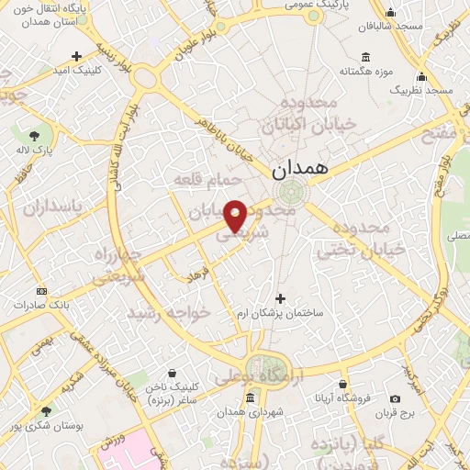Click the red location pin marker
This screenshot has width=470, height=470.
pyautogui.click(x=235, y=216)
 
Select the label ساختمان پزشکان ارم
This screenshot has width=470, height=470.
pyautogui.click(x=280, y=314)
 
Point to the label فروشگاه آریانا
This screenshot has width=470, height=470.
pyautogui.click(x=342, y=399)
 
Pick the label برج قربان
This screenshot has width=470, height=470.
pyautogui.click(x=395, y=413)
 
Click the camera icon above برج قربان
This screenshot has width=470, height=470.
pyautogui.click(x=395, y=399)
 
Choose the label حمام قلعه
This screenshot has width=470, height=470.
pyautogui.click(x=207, y=181)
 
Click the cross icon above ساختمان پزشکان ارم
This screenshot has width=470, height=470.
pyautogui.click(x=280, y=298)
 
